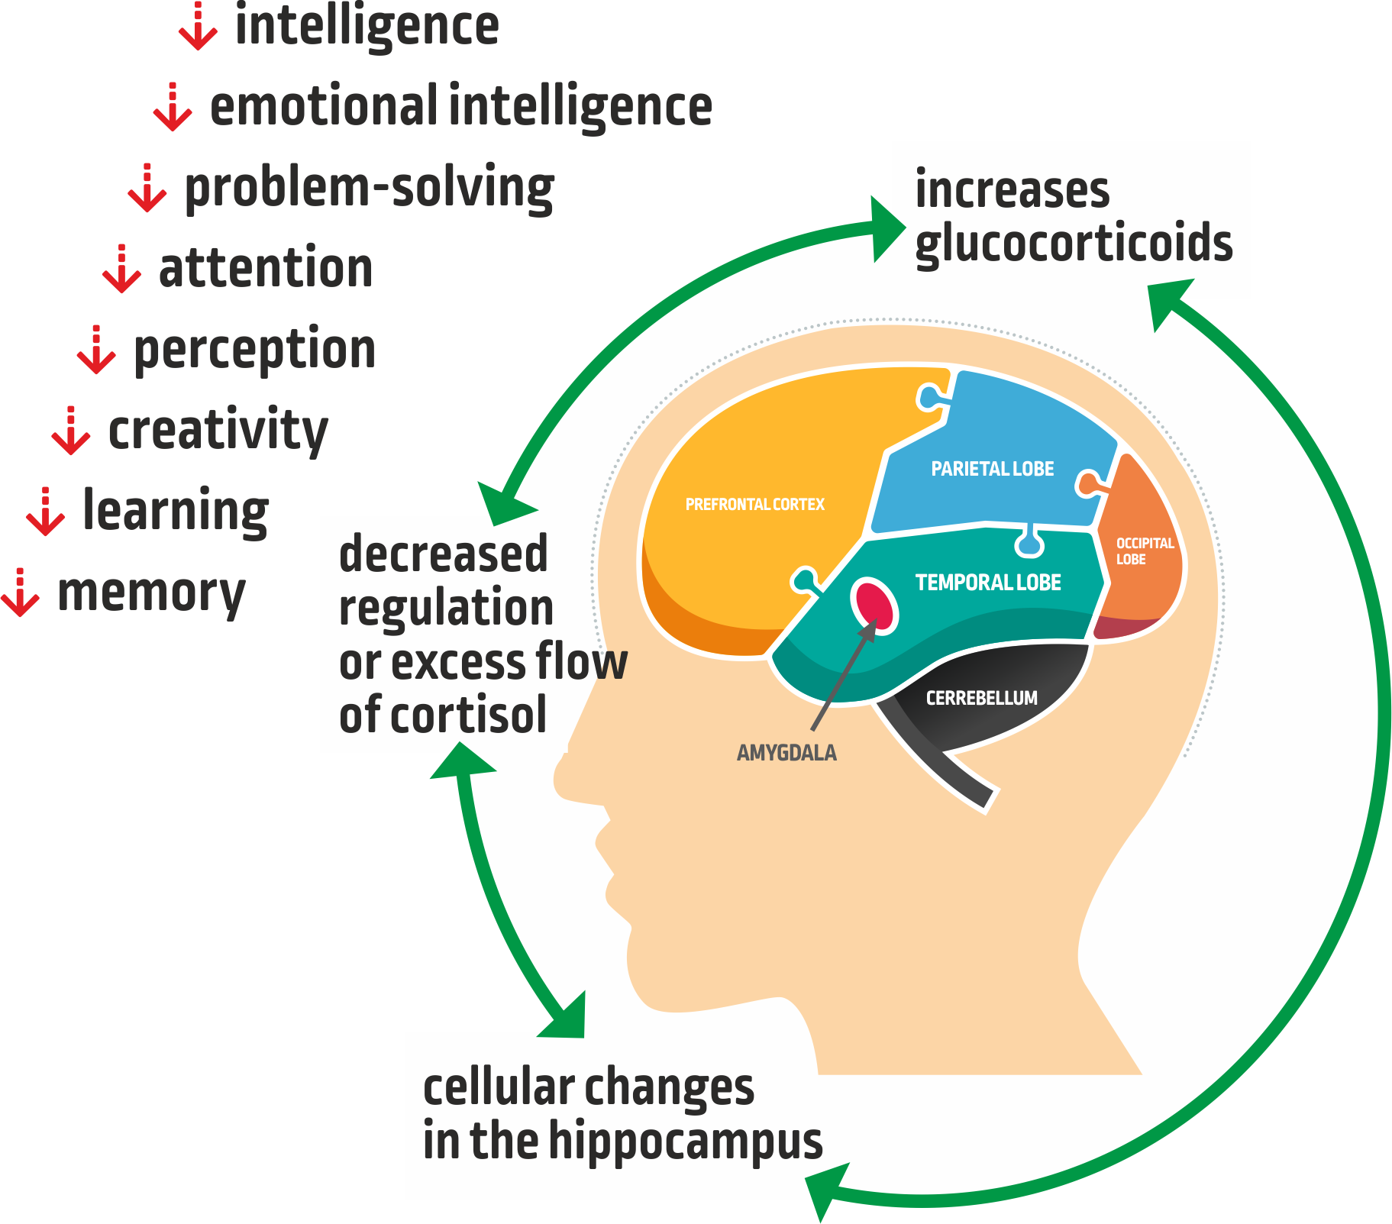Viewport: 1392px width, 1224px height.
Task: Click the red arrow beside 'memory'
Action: click(x=21, y=593)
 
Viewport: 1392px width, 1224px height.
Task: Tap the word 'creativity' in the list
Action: click(x=218, y=431)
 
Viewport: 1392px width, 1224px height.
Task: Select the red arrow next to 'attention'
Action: click(x=121, y=270)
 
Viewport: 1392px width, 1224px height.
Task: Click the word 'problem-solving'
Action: click(x=370, y=189)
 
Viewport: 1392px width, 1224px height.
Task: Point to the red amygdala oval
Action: click(x=874, y=604)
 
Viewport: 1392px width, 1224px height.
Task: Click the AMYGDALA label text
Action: click(x=786, y=753)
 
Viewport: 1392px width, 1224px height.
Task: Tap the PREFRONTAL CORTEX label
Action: click(x=754, y=505)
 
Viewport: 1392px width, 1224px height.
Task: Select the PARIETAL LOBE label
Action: click(x=992, y=469)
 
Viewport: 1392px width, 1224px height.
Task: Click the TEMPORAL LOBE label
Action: click(x=988, y=583)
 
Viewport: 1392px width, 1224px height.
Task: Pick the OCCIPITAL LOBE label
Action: click(x=1143, y=551)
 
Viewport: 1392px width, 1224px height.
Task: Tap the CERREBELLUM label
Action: click(x=981, y=698)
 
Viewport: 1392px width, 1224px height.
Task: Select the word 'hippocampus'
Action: click(x=685, y=1141)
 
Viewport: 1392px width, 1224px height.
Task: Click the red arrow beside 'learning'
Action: click(x=45, y=512)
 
